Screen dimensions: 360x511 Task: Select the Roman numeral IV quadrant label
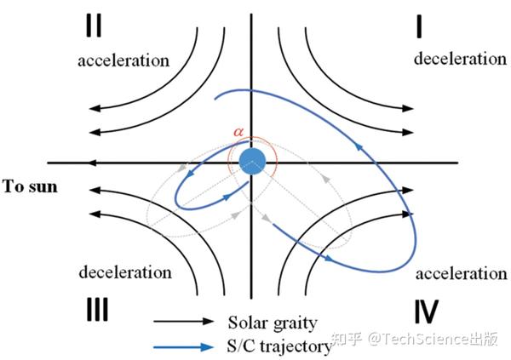[427, 310]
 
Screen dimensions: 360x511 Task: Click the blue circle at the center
[252, 161]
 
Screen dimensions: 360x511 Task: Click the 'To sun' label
[30, 185]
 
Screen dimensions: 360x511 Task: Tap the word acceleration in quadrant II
[123, 60]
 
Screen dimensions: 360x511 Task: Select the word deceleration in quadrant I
[460, 59]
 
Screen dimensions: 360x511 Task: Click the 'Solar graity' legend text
[272, 323]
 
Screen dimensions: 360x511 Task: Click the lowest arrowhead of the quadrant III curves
[94, 215]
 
